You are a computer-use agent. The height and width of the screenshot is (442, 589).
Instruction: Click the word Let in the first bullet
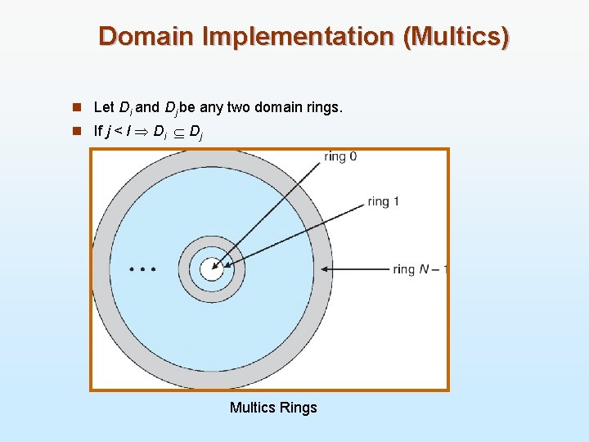(x=104, y=107)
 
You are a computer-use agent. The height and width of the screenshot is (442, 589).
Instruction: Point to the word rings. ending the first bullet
(x=324, y=107)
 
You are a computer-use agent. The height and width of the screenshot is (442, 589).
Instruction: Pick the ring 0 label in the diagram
(x=339, y=156)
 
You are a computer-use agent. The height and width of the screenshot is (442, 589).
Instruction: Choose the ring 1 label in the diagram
(x=384, y=201)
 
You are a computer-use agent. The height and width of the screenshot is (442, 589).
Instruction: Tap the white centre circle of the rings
(x=211, y=268)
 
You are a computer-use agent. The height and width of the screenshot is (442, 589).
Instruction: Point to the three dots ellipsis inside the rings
(x=142, y=268)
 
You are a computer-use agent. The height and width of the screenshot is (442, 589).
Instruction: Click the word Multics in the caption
(x=252, y=408)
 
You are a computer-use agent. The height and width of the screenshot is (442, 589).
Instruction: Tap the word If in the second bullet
(x=98, y=131)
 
